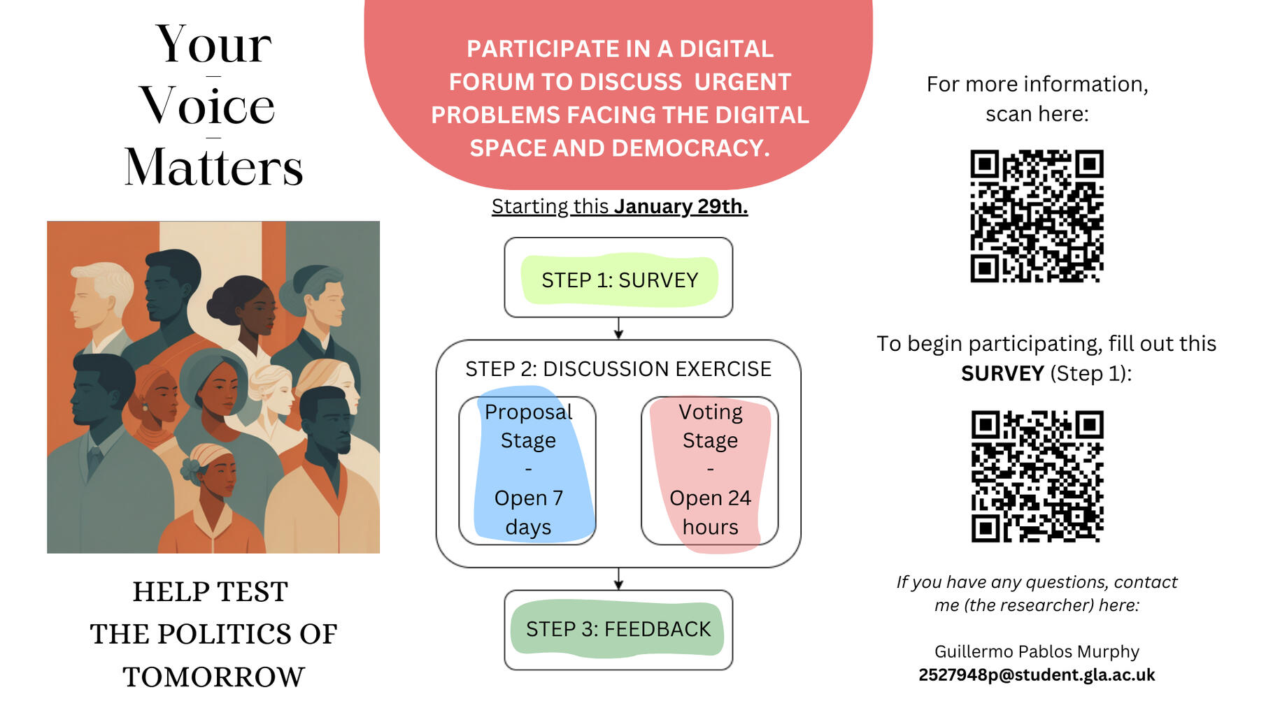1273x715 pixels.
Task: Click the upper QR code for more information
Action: pyautogui.click(x=1037, y=216)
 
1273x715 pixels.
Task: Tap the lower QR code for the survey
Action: pyautogui.click(x=1037, y=476)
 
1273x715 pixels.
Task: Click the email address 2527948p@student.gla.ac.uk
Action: pyautogui.click(x=1037, y=675)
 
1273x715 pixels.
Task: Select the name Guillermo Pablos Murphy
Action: pyautogui.click(x=1037, y=651)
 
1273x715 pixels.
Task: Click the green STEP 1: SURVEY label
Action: pyautogui.click(x=619, y=280)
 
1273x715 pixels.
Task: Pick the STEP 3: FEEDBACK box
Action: pyautogui.click(x=618, y=629)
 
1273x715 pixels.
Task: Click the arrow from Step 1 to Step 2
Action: pyautogui.click(x=618, y=328)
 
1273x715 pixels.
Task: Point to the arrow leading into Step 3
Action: pyautogui.click(x=618, y=579)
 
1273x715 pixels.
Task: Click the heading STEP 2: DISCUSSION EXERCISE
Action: pyautogui.click(x=618, y=369)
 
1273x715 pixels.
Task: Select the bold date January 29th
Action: pyautogui.click(x=681, y=207)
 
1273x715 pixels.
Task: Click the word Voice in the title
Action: pyautogui.click(x=207, y=106)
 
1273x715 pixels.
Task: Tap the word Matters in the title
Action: pyautogui.click(x=213, y=168)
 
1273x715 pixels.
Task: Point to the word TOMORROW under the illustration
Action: pyautogui.click(x=213, y=677)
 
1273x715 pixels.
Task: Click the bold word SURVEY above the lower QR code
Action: pyautogui.click(x=1002, y=374)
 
